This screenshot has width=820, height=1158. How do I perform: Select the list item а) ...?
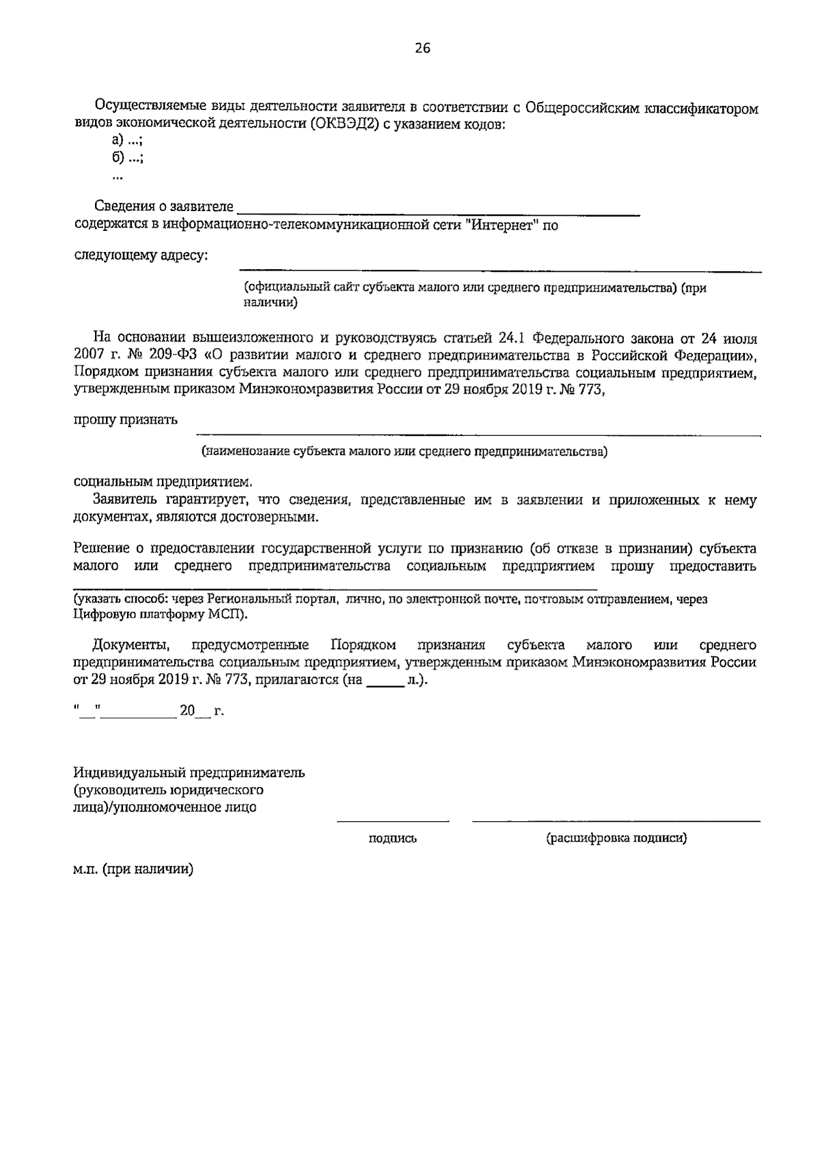coord(122,141)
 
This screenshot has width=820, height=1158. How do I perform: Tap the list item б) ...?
coord(122,158)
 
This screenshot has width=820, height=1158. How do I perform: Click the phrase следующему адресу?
coord(141,256)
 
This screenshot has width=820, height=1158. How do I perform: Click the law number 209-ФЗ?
coord(178,356)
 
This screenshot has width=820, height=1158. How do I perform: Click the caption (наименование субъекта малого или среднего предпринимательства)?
coord(404,452)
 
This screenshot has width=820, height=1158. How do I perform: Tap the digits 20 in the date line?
coord(187,711)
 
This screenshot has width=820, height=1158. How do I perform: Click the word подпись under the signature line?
coord(392,838)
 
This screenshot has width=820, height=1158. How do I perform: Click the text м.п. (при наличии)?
coord(134,870)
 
